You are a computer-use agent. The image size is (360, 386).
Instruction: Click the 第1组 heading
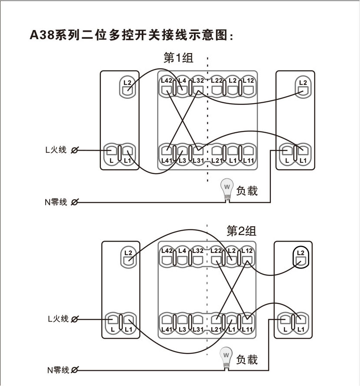(x=178, y=58)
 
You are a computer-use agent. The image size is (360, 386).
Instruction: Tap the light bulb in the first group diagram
(x=227, y=188)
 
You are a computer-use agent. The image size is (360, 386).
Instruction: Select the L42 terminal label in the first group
(x=167, y=81)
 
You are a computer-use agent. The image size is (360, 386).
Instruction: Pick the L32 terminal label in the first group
(x=197, y=81)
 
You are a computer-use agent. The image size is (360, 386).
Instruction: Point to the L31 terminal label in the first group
(x=197, y=161)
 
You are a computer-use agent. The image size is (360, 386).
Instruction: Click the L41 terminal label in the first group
(x=167, y=161)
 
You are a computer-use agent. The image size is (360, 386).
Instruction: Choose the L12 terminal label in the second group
(x=247, y=251)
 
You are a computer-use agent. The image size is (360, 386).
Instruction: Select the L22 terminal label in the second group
(x=217, y=251)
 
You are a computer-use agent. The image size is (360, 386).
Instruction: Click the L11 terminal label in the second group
(x=247, y=329)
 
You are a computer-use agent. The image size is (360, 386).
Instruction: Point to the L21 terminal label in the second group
(x=217, y=329)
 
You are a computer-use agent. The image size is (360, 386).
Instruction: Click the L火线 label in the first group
(x=56, y=150)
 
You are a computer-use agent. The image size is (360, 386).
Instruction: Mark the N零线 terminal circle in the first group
(x=74, y=202)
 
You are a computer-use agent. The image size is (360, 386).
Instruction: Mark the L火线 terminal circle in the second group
(x=74, y=319)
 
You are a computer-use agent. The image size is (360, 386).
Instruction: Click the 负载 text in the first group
(x=247, y=191)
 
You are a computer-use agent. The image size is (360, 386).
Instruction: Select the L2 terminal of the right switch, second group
(x=300, y=257)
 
